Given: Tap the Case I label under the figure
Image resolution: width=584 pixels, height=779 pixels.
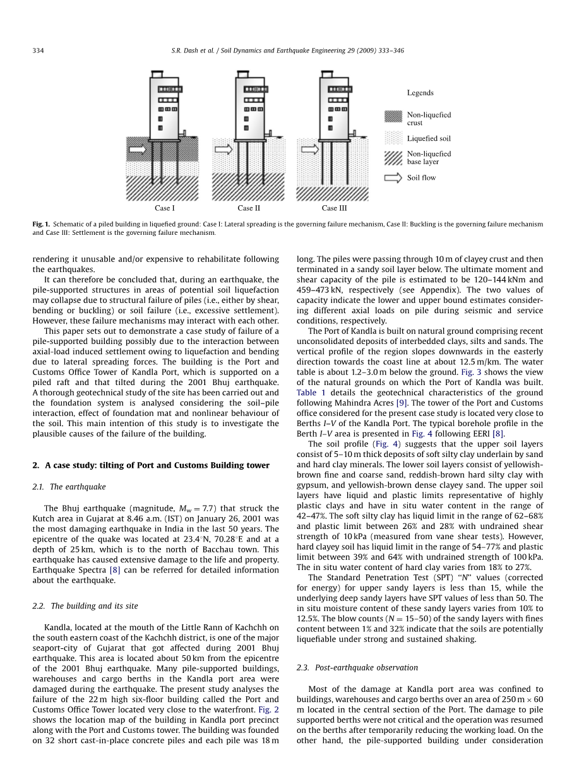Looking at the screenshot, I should (x=165, y=208).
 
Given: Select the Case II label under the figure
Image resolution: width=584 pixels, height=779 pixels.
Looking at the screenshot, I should (x=249, y=208).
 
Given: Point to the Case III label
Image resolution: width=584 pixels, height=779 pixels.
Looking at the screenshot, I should (x=334, y=208).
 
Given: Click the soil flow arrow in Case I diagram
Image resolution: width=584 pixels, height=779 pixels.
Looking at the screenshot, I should (x=137, y=150).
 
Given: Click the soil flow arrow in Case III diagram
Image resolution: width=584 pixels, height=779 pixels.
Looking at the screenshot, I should (x=310, y=150).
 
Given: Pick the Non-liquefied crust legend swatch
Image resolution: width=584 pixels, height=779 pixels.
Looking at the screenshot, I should (x=393, y=116).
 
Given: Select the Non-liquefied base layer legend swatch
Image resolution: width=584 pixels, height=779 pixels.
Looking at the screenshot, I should (x=393, y=158).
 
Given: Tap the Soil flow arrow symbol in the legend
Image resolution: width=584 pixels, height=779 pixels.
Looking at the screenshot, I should (x=393, y=178).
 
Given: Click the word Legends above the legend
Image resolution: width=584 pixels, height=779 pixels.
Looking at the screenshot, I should (x=420, y=93).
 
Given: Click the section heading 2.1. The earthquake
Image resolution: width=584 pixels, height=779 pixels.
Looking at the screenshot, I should (x=69, y=487).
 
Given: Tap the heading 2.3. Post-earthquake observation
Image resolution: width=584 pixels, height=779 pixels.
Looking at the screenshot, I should (x=357, y=667).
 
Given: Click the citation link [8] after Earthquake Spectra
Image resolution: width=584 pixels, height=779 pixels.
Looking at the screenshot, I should (x=115, y=570).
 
